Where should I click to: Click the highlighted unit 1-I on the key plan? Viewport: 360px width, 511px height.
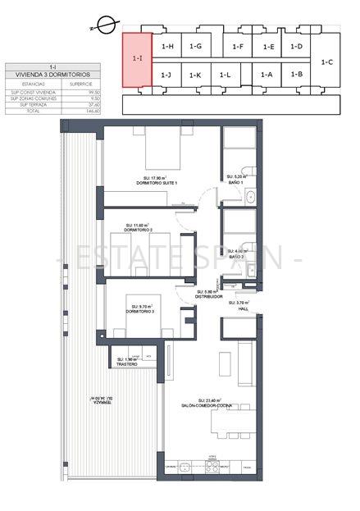[137, 59]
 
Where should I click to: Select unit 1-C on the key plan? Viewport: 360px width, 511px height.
[327, 62]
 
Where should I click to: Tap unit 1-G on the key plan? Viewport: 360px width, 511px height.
[195, 47]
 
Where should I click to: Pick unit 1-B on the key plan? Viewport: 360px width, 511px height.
[296, 75]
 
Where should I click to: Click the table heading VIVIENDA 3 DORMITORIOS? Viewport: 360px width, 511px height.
[52, 75]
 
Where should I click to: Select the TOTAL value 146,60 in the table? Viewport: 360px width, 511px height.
[81, 112]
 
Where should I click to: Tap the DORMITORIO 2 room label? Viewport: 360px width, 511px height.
[139, 230]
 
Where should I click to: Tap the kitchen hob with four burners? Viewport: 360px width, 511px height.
[211, 465]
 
